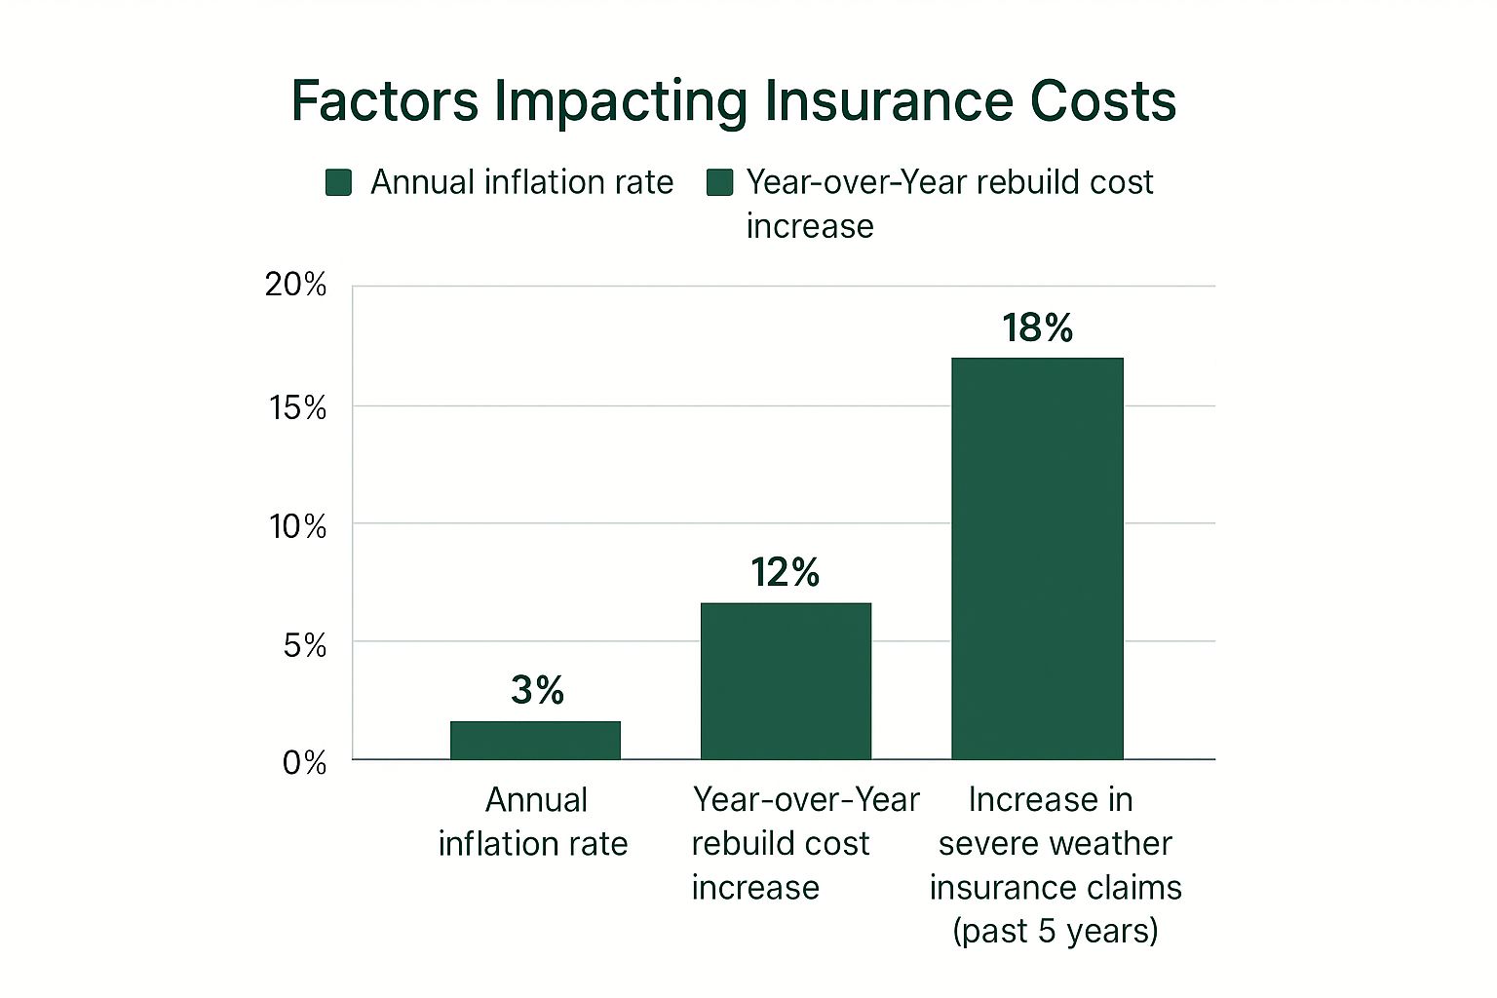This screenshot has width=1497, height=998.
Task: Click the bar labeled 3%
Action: (535, 740)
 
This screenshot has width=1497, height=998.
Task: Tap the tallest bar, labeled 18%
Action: (1037, 557)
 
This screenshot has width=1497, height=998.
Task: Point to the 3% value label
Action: (537, 690)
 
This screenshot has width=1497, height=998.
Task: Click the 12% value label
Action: (785, 572)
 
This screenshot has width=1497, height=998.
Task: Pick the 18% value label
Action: (1037, 327)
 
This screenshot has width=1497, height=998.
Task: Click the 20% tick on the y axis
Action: (295, 285)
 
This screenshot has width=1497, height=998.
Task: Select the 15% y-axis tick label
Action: (297, 406)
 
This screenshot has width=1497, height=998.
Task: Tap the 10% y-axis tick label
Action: (297, 526)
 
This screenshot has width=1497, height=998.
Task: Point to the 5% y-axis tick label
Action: (304, 644)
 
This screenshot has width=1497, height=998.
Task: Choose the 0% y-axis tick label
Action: (304, 762)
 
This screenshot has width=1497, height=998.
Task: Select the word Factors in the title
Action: (385, 100)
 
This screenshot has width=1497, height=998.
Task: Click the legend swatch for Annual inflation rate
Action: (338, 182)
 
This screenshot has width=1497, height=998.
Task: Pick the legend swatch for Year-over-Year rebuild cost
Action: (719, 182)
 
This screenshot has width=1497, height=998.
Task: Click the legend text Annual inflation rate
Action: (521, 182)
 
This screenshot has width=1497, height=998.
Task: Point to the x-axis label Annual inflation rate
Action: (533, 821)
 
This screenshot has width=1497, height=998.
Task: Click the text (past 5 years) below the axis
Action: (1055, 931)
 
